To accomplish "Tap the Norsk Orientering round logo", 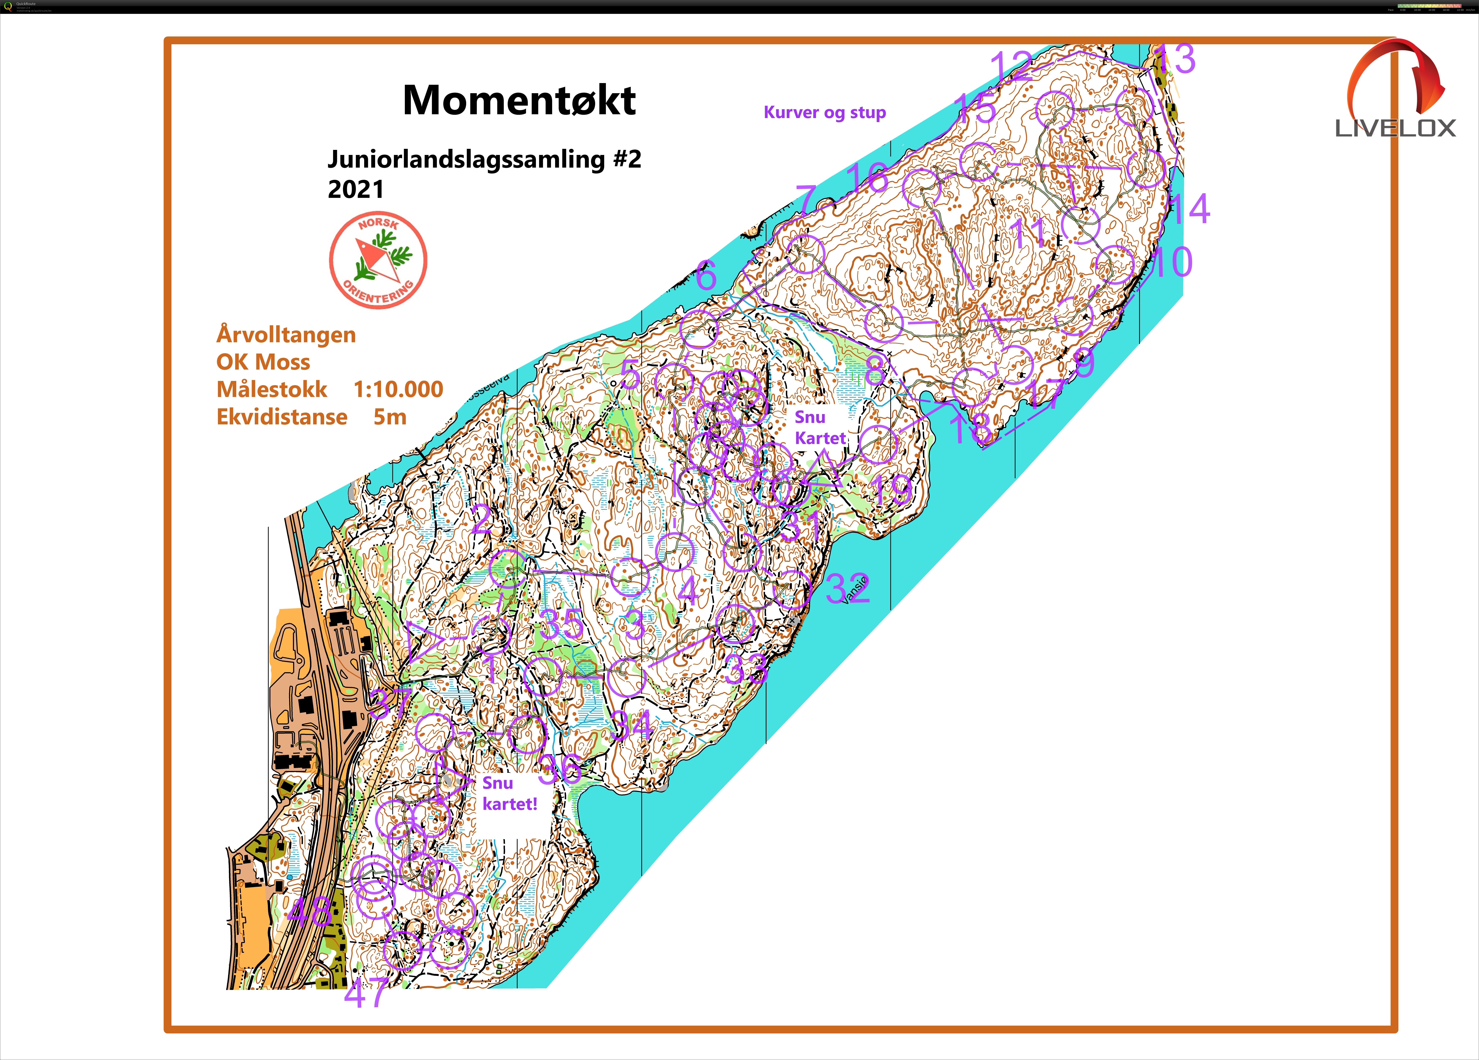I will tap(378, 260).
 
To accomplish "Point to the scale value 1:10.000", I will tap(398, 389).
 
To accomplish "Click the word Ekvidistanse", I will tap(282, 417).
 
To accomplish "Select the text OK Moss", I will tap(263, 362).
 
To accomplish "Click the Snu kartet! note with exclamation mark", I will tap(510, 794).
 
